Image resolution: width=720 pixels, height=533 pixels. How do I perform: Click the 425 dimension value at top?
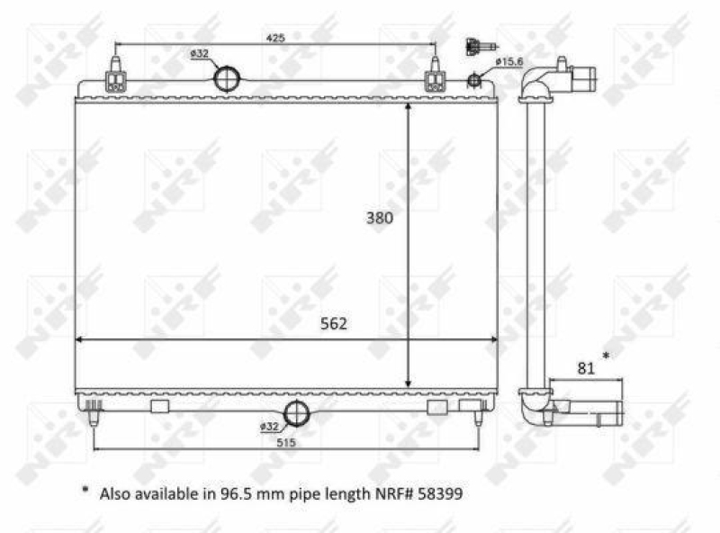click(x=275, y=38)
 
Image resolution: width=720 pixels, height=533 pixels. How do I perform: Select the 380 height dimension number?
click(x=379, y=217)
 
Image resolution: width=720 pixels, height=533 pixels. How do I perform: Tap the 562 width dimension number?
click(x=332, y=323)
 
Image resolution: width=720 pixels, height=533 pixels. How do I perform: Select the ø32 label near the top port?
click(x=199, y=54)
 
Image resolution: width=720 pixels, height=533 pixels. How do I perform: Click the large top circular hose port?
click(x=228, y=78)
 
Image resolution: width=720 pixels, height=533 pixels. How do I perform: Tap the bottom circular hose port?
click(x=296, y=414)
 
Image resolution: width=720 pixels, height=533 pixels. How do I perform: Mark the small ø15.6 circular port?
click(x=474, y=81)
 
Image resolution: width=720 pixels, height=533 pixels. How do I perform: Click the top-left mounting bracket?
click(x=115, y=76)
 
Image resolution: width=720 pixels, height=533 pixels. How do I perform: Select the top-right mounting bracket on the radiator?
click(x=435, y=76)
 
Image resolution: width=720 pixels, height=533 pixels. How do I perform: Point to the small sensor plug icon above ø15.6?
click(x=473, y=46)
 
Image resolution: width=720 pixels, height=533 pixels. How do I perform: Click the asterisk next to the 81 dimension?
click(x=607, y=357)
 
